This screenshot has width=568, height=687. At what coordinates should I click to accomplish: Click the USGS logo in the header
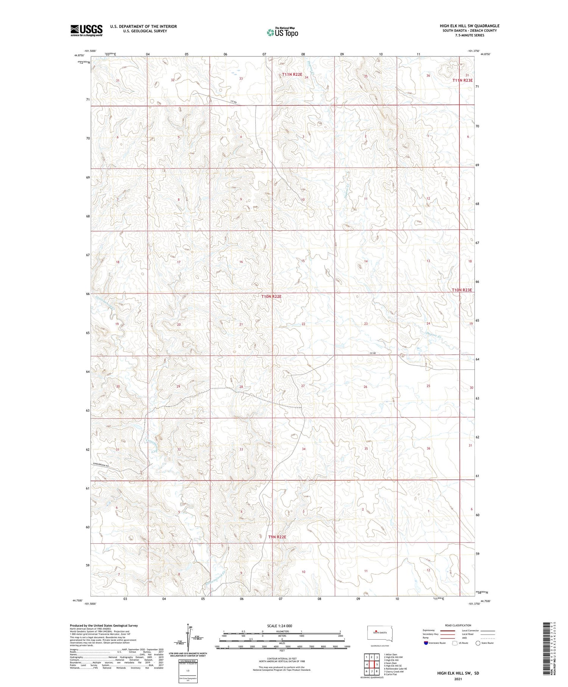86,30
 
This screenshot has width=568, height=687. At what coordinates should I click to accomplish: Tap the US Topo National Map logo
282,32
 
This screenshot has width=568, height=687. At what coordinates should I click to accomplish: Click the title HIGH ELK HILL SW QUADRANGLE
469,26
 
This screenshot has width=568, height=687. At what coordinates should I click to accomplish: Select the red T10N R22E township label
271,296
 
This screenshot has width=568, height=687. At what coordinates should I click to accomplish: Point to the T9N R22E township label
277,537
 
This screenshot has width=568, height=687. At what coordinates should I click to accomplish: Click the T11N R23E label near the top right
463,80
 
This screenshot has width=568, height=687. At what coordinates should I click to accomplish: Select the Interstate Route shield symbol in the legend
426,643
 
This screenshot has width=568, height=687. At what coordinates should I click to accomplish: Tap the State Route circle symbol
478,643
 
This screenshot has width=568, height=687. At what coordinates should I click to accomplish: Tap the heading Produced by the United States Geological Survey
103,626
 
